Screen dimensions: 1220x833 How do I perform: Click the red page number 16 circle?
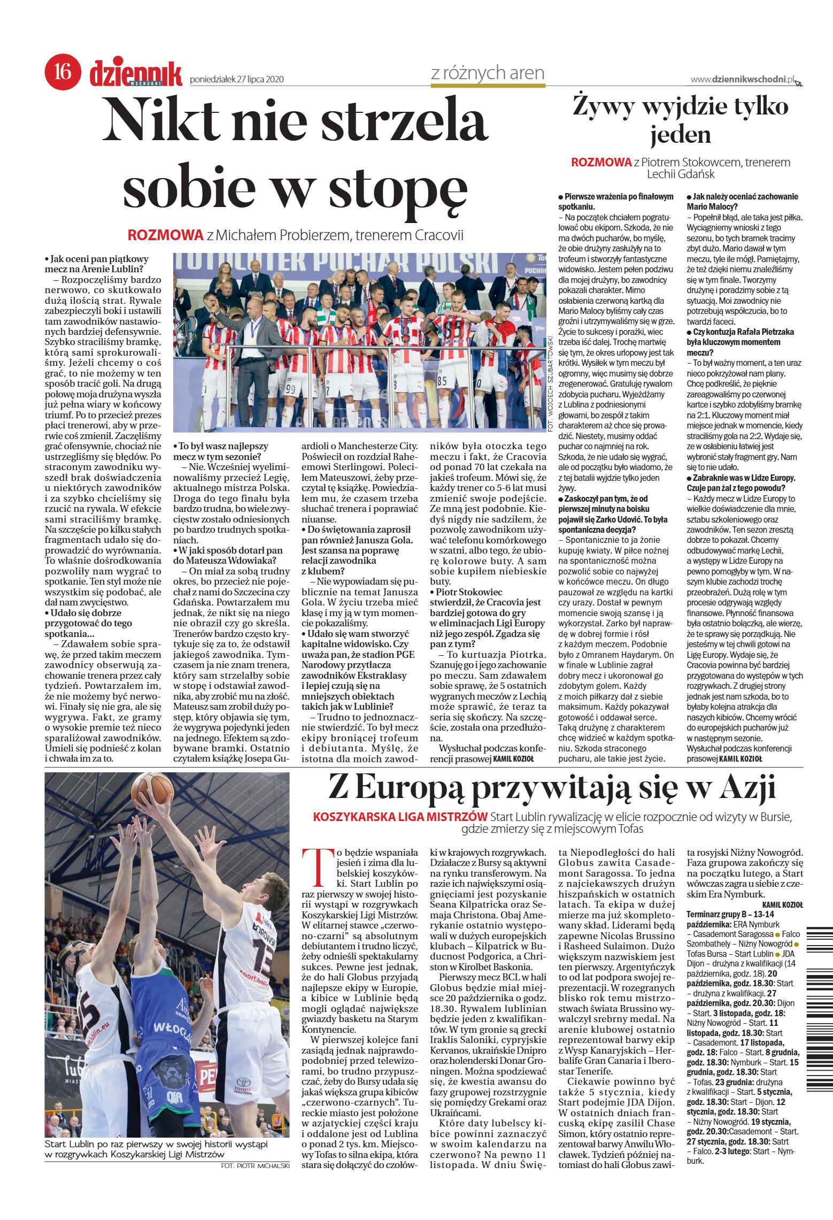pyautogui.click(x=63, y=72)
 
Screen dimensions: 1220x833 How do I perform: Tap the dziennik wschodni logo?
pyautogui.click(x=136, y=74)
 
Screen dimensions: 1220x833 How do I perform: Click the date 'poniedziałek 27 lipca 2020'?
pyautogui.click(x=236, y=80)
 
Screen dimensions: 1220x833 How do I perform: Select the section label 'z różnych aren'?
pyautogui.click(x=487, y=73)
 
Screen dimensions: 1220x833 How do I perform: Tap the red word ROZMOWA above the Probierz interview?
pyautogui.click(x=166, y=235)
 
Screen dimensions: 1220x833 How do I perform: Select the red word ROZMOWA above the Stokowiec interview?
pyautogui.click(x=601, y=163)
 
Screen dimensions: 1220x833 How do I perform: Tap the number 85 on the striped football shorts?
pyautogui.click(x=442, y=381)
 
